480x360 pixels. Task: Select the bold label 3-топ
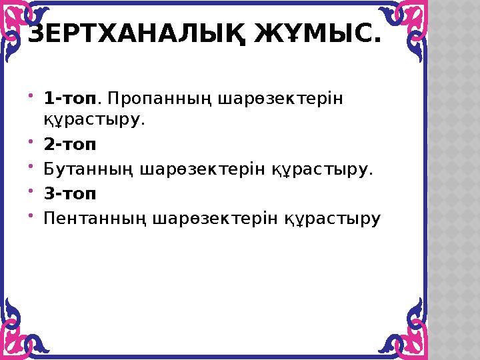70,194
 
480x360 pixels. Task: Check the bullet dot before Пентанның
31,215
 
